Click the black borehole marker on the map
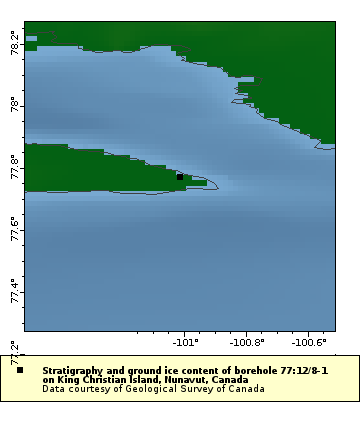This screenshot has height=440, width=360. tap(180, 177)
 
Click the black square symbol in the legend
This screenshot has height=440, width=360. tap(20, 370)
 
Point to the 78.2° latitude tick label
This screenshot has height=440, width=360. tap(14, 43)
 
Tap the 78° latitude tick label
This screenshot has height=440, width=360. tap(14, 105)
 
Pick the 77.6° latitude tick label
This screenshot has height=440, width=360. tap(14, 229)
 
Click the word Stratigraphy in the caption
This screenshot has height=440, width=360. tap(74, 370)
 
